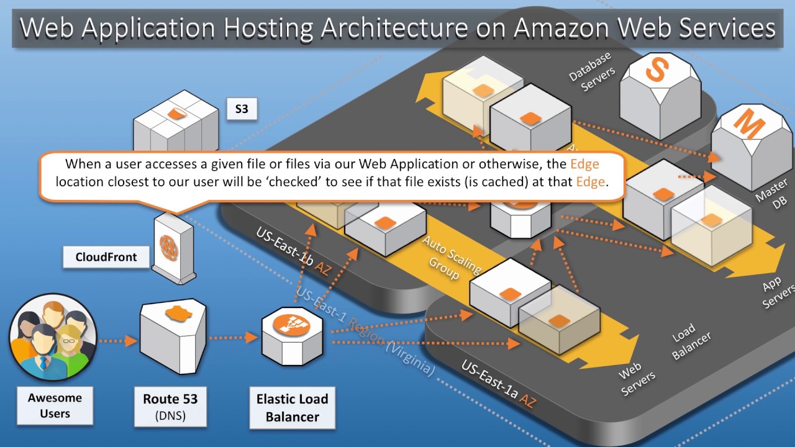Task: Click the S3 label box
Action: [242, 109]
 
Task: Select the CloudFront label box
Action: [106, 257]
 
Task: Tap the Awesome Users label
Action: [55, 405]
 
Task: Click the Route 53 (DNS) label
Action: [170, 407]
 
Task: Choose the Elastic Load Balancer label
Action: [292, 407]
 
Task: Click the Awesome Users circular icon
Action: [53, 336]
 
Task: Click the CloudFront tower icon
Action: [173, 247]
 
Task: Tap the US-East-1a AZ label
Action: [498, 384]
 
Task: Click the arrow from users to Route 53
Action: [117, 340]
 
